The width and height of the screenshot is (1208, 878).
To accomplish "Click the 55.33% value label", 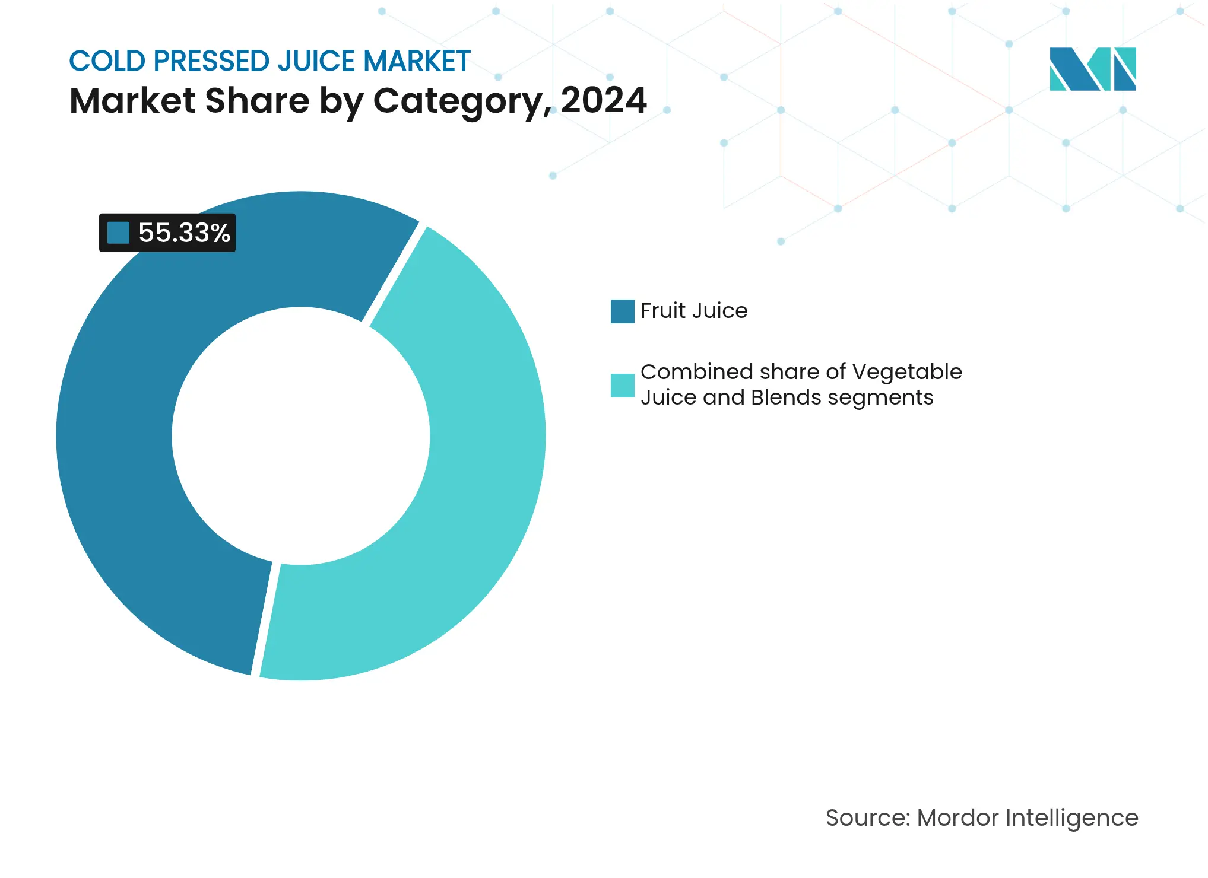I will coord(183,233).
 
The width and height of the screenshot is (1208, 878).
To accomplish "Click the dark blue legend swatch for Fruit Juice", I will coord(622,311).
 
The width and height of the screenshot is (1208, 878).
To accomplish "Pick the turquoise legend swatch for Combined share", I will coord(622,385).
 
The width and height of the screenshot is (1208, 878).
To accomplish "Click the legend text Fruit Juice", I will coord(693,311).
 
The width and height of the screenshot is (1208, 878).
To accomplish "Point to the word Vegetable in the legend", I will coord(906,372).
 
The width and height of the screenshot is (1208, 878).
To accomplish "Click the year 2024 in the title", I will coord(603,100).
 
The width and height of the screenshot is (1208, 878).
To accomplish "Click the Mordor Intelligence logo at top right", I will coord(1092,69).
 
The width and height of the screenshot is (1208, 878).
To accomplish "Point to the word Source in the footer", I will coord(867,818).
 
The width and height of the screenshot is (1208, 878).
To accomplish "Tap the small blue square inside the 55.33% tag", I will coord(118,233).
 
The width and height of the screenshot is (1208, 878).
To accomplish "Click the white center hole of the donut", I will coord(301,436).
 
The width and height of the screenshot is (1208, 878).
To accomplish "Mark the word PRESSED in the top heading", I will coord(211,61).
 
